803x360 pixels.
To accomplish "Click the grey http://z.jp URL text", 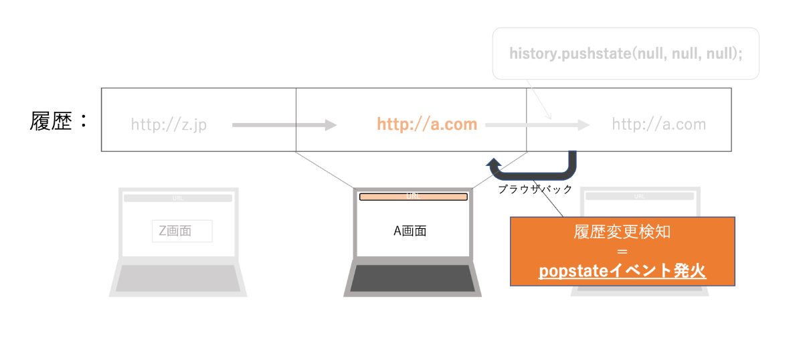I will [169, 124].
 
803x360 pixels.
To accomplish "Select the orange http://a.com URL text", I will [427, 124].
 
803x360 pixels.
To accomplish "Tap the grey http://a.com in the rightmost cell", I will [658, 124].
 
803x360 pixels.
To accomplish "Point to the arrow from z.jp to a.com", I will [284, 124].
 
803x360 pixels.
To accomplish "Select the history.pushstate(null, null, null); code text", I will [626, 54].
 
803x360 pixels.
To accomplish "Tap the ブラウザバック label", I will [535, 189].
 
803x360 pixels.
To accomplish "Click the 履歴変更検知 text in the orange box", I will [622, 232].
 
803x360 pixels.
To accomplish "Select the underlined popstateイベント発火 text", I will [622, 271].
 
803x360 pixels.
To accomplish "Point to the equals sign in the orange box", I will [622, 252].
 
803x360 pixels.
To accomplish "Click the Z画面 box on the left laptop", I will [182, 231].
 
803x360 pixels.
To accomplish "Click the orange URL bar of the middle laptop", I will [413, 197].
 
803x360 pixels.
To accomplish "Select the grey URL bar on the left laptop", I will [178, 198].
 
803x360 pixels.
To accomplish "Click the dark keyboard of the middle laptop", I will [412, 278].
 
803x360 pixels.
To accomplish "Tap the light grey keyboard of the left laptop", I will [178, 278].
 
